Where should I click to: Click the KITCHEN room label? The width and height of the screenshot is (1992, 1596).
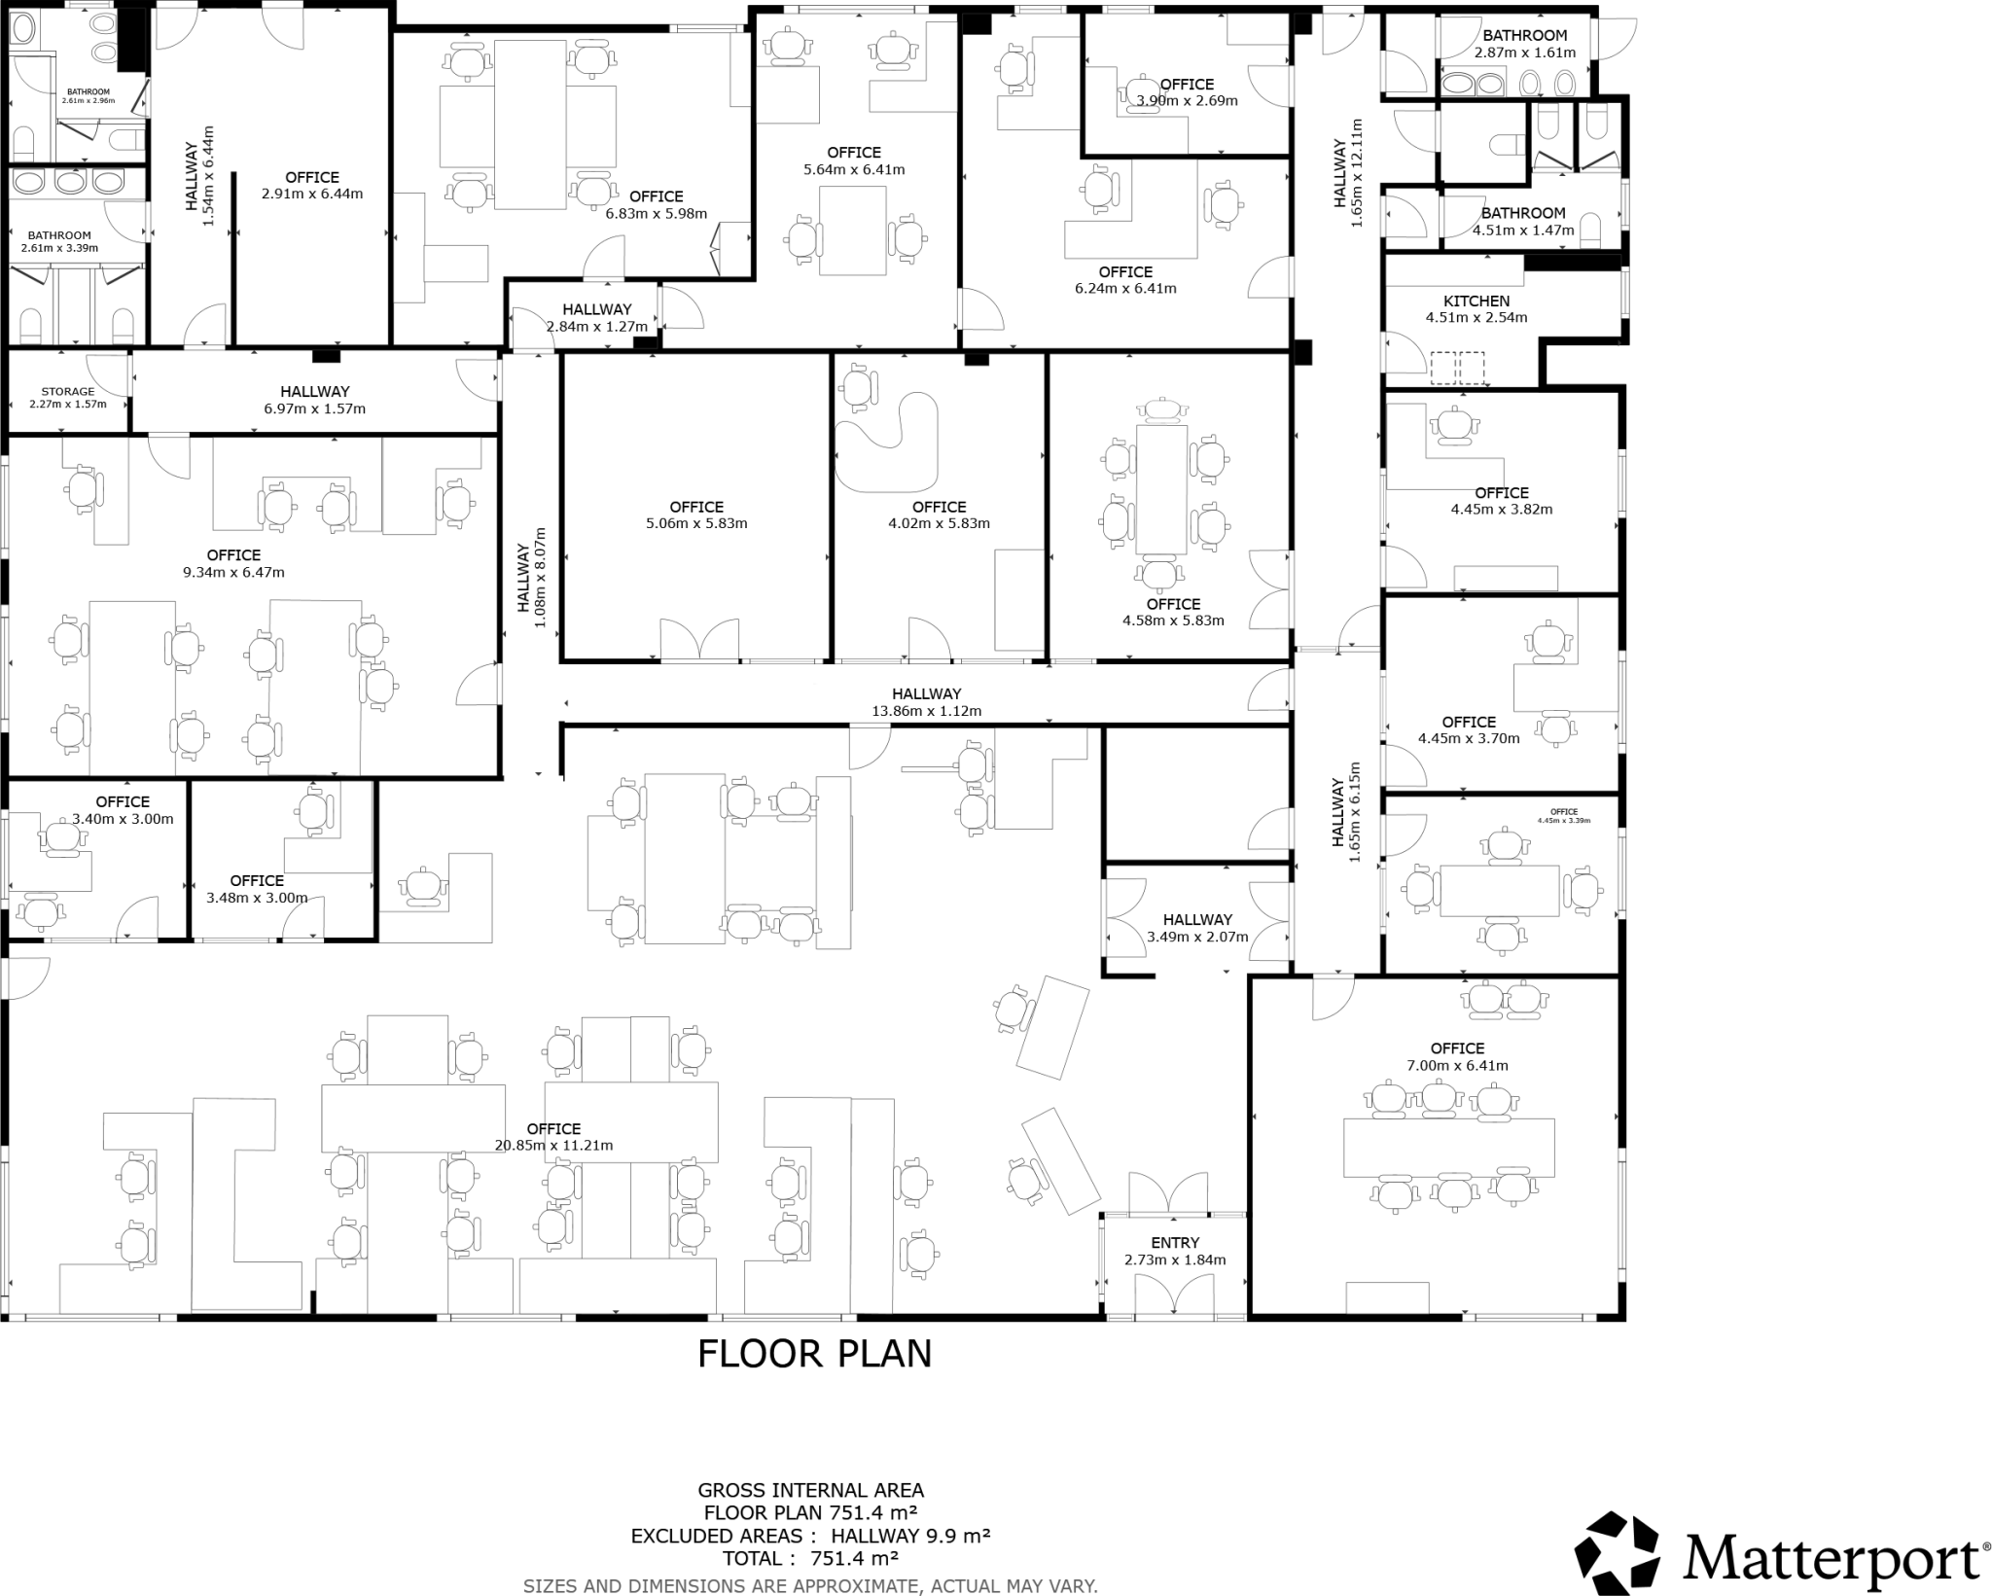pyautogui.click(x=1476, y=301)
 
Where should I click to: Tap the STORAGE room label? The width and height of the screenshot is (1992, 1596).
pyautogui.click(x=67, y=392)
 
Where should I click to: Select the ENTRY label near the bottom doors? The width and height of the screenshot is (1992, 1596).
pyautogui.click(x=1174, y=1243)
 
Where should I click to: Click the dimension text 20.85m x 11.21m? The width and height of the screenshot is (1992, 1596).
pyautogui.click(x=553, y=1146)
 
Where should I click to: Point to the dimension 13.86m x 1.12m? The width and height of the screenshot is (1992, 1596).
pyautogui.click(x=926, y=711)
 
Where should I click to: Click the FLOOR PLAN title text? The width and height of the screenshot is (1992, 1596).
pyautogui.click(x=814, y=1354)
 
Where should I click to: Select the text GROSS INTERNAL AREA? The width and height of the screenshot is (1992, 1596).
pyautogui.click(x=810, y=1490)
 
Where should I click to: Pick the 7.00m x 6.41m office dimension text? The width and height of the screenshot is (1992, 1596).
pyautogui.click(x=1457, y=1065)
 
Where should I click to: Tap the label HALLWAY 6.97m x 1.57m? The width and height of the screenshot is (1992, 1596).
pyautogui.click(x=314, y=400)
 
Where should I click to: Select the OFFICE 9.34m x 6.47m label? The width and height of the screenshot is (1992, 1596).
pyautogui.click(x=233, y=563)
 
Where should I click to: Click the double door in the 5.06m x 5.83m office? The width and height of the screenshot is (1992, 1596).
pyautogui.click(x=699, y=640)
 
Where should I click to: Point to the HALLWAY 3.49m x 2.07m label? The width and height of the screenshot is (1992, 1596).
pyautogui.click(x=1197, y=928)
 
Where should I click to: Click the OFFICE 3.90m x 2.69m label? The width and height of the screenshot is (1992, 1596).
pyautogui.click(x=1187, y=91)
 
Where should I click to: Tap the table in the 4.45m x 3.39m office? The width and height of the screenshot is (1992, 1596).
pyautogui.click(x=1501, y=890)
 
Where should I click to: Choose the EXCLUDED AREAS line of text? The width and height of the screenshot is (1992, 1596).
pyautogui.click(x=810, y=1537)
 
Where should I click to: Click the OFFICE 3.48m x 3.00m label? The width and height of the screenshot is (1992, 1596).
pyautogui.click(x=257, y=889)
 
